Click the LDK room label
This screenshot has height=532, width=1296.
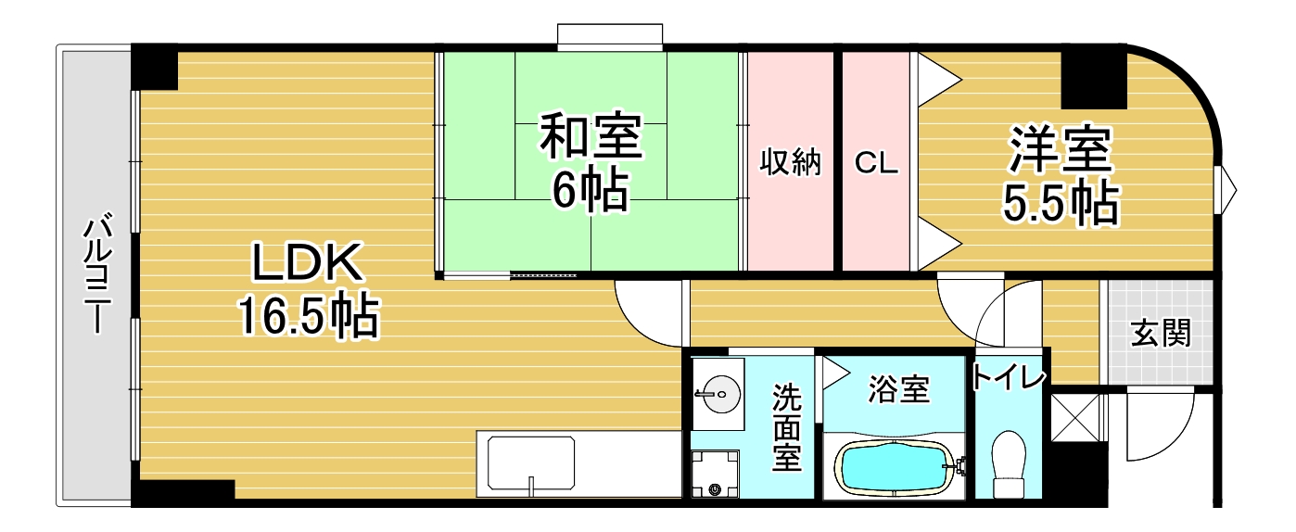(x=307, y=262)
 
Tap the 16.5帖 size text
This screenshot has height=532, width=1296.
(x=309, y=316)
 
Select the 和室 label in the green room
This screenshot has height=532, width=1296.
(x=591, y=136)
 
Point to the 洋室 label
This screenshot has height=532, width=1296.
(x=1061, y=148)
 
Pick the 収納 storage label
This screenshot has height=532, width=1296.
(x=791, y=162)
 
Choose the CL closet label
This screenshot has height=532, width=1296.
(x=876, y=163)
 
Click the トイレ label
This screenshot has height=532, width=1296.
(x=1009, y=378)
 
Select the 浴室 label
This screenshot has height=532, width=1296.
(x=898, y=389)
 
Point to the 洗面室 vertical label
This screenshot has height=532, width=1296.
(x=787, y=427)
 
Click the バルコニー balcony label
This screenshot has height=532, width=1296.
(x=97, y=272)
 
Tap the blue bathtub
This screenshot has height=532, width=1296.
(x=895, y=466)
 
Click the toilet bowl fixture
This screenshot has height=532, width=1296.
(x=1008, y=463)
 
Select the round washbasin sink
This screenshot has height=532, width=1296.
(x=718, y=394)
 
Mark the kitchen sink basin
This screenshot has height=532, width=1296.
(x=531, y=463)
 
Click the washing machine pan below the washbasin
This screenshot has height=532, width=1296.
(x=715, y=474)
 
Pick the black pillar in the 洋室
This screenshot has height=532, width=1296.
(x=1094, y=80)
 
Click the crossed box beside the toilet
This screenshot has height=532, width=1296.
(x=1075, y=417)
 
